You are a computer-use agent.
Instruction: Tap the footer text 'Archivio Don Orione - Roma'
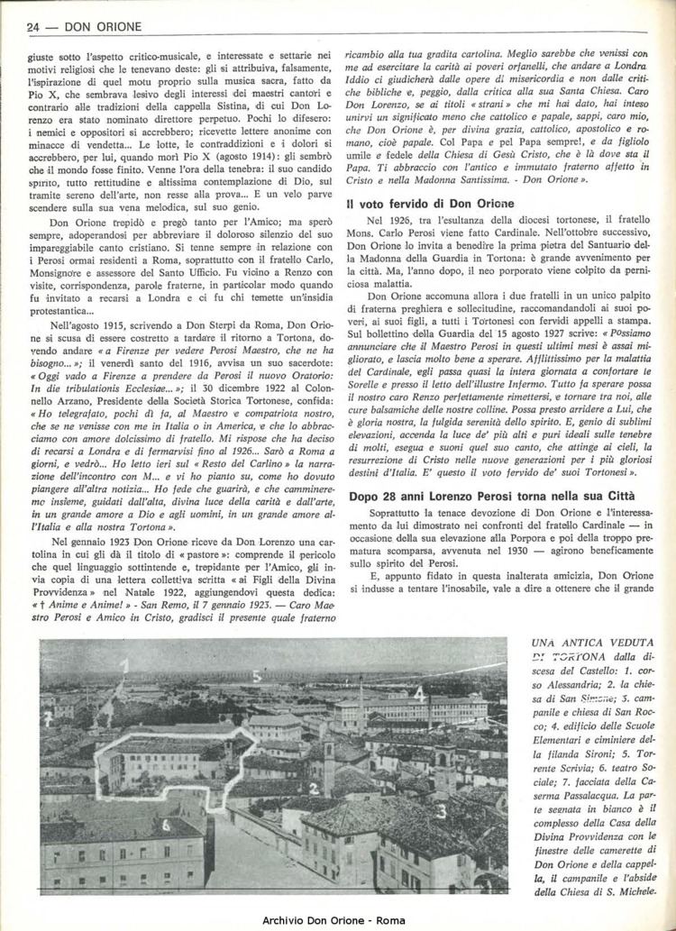click(337, 918)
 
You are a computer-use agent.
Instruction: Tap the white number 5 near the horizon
click(257, 673)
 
